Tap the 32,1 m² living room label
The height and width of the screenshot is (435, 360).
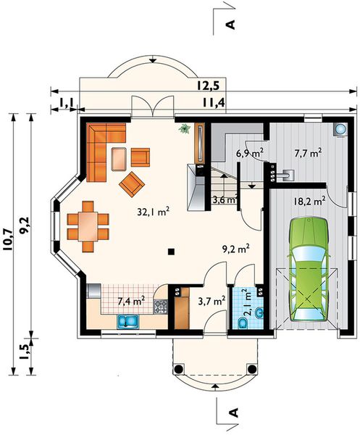coord(154,212)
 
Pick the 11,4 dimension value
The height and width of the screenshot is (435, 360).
coord(212,101)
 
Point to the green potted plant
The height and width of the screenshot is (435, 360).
coord(185,130)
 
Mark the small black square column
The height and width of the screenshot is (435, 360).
coord(171,252)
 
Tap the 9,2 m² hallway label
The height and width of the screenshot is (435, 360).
coord(235,248)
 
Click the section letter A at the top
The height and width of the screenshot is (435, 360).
coord(232,24)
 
